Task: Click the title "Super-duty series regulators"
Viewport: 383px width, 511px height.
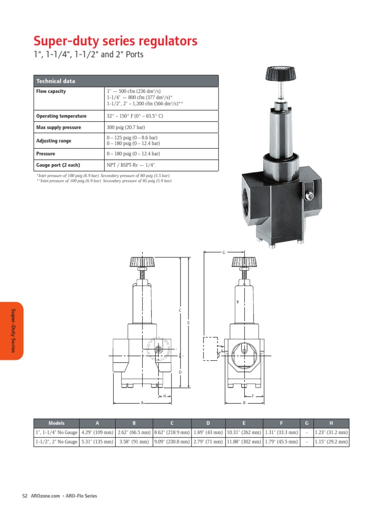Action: click(115, 40)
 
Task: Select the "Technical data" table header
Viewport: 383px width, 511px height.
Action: click(55, 81)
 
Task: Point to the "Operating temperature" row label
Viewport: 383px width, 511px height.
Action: click(61, 116)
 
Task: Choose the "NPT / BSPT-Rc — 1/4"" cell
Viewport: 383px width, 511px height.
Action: click(132, 165)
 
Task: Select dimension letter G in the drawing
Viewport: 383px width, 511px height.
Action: click(224, 253)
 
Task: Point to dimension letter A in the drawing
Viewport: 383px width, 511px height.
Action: click(142, 402)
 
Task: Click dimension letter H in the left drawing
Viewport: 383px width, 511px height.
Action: click(164, 396)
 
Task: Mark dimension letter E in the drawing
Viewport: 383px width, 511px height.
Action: click(189, 323)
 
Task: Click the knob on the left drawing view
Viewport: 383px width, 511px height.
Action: click(142, 261)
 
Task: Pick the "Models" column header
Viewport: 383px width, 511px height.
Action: click(56, 423)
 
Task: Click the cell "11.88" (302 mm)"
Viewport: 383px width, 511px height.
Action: click(243, 442)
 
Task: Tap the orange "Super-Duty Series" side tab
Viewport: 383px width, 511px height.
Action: click(12, 331)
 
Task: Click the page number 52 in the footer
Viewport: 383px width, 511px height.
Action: click(25, 496)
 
